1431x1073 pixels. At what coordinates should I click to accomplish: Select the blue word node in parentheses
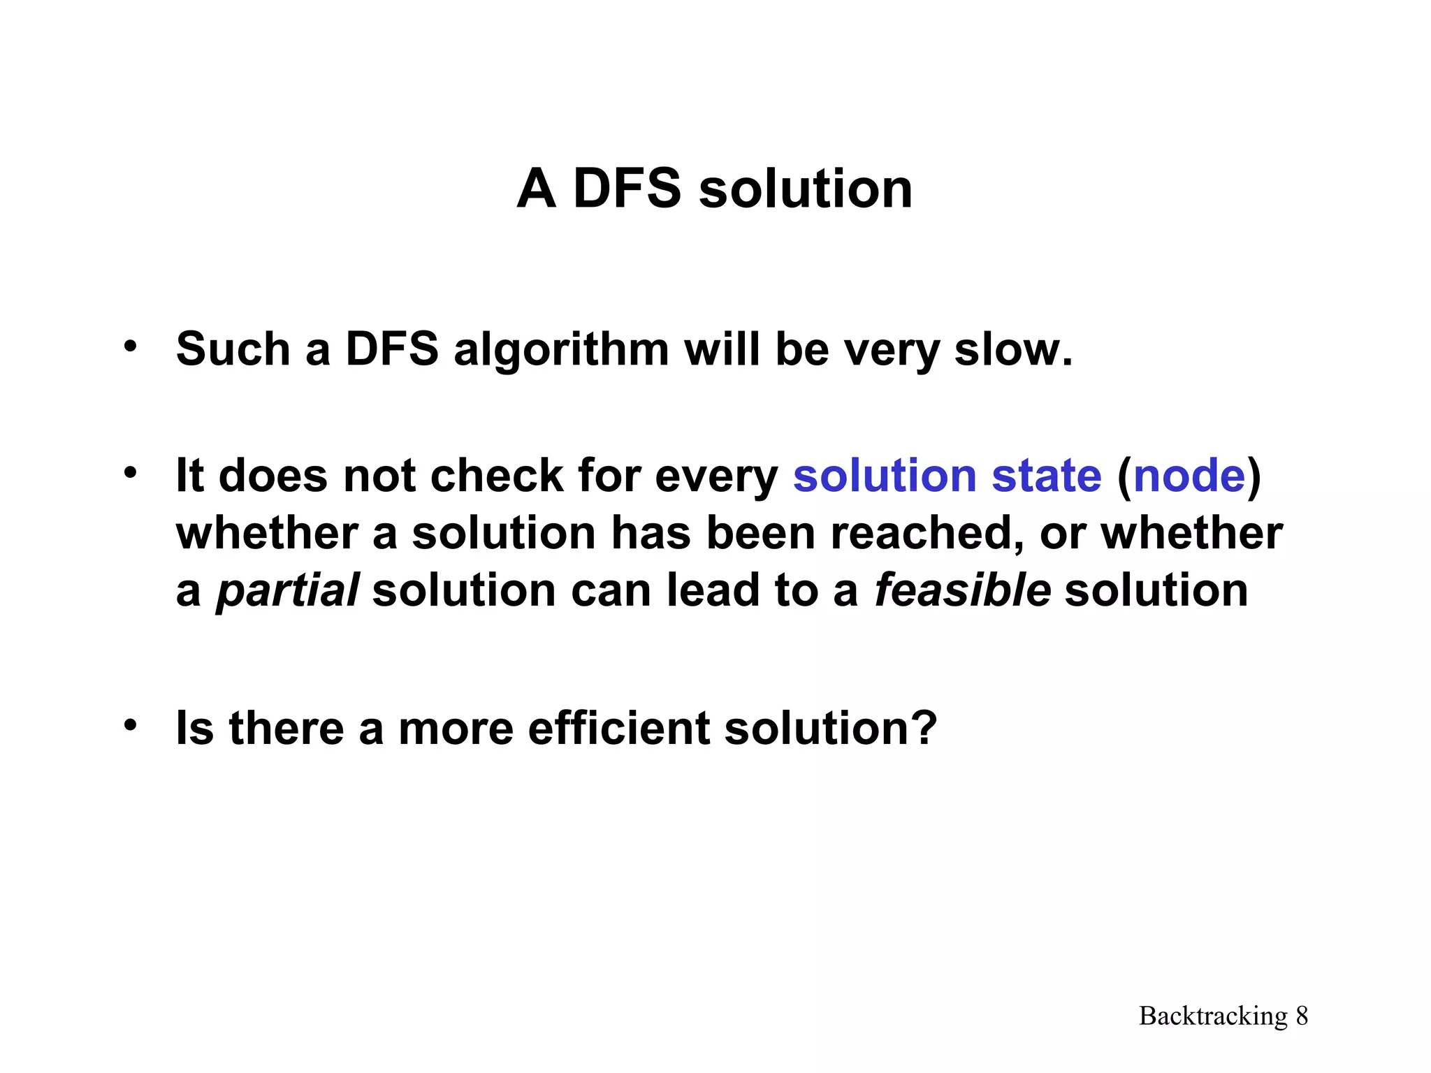1189,476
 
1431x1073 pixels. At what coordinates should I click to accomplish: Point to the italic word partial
287,590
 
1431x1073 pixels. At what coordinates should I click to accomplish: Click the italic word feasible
962,590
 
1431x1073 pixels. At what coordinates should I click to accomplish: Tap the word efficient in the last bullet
618,728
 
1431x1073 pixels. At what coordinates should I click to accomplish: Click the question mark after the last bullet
924,728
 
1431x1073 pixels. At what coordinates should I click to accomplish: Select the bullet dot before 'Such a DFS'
130,345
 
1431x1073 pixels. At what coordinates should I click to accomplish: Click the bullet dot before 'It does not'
130,472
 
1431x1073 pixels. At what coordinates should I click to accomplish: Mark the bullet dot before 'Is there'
130,724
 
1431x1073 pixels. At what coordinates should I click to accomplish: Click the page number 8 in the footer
1302,1016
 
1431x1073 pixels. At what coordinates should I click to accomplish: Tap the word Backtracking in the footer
1213,1016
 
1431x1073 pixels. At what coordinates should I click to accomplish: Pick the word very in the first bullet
890,351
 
